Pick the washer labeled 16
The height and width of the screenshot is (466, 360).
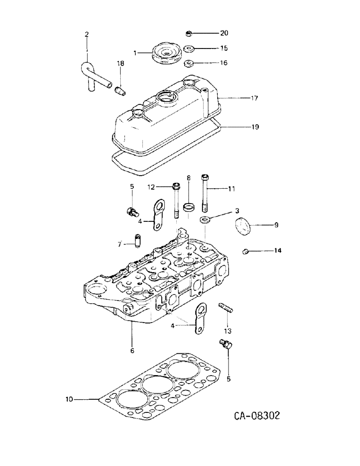tap(189, 63)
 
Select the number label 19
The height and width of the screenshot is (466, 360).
tap(255, 127)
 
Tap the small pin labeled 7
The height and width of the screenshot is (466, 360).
tap(138, 242)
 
